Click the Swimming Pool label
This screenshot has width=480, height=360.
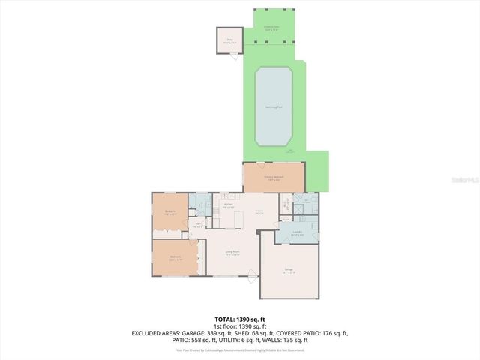point(274,107)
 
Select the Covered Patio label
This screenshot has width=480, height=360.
point(271,26)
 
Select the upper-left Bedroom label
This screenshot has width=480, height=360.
point(169,212)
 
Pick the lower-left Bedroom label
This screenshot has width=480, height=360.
point(175,258)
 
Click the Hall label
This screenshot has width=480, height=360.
point(199,223)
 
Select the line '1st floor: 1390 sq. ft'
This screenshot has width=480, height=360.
point(239,326)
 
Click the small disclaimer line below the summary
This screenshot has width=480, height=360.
point(239,349)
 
